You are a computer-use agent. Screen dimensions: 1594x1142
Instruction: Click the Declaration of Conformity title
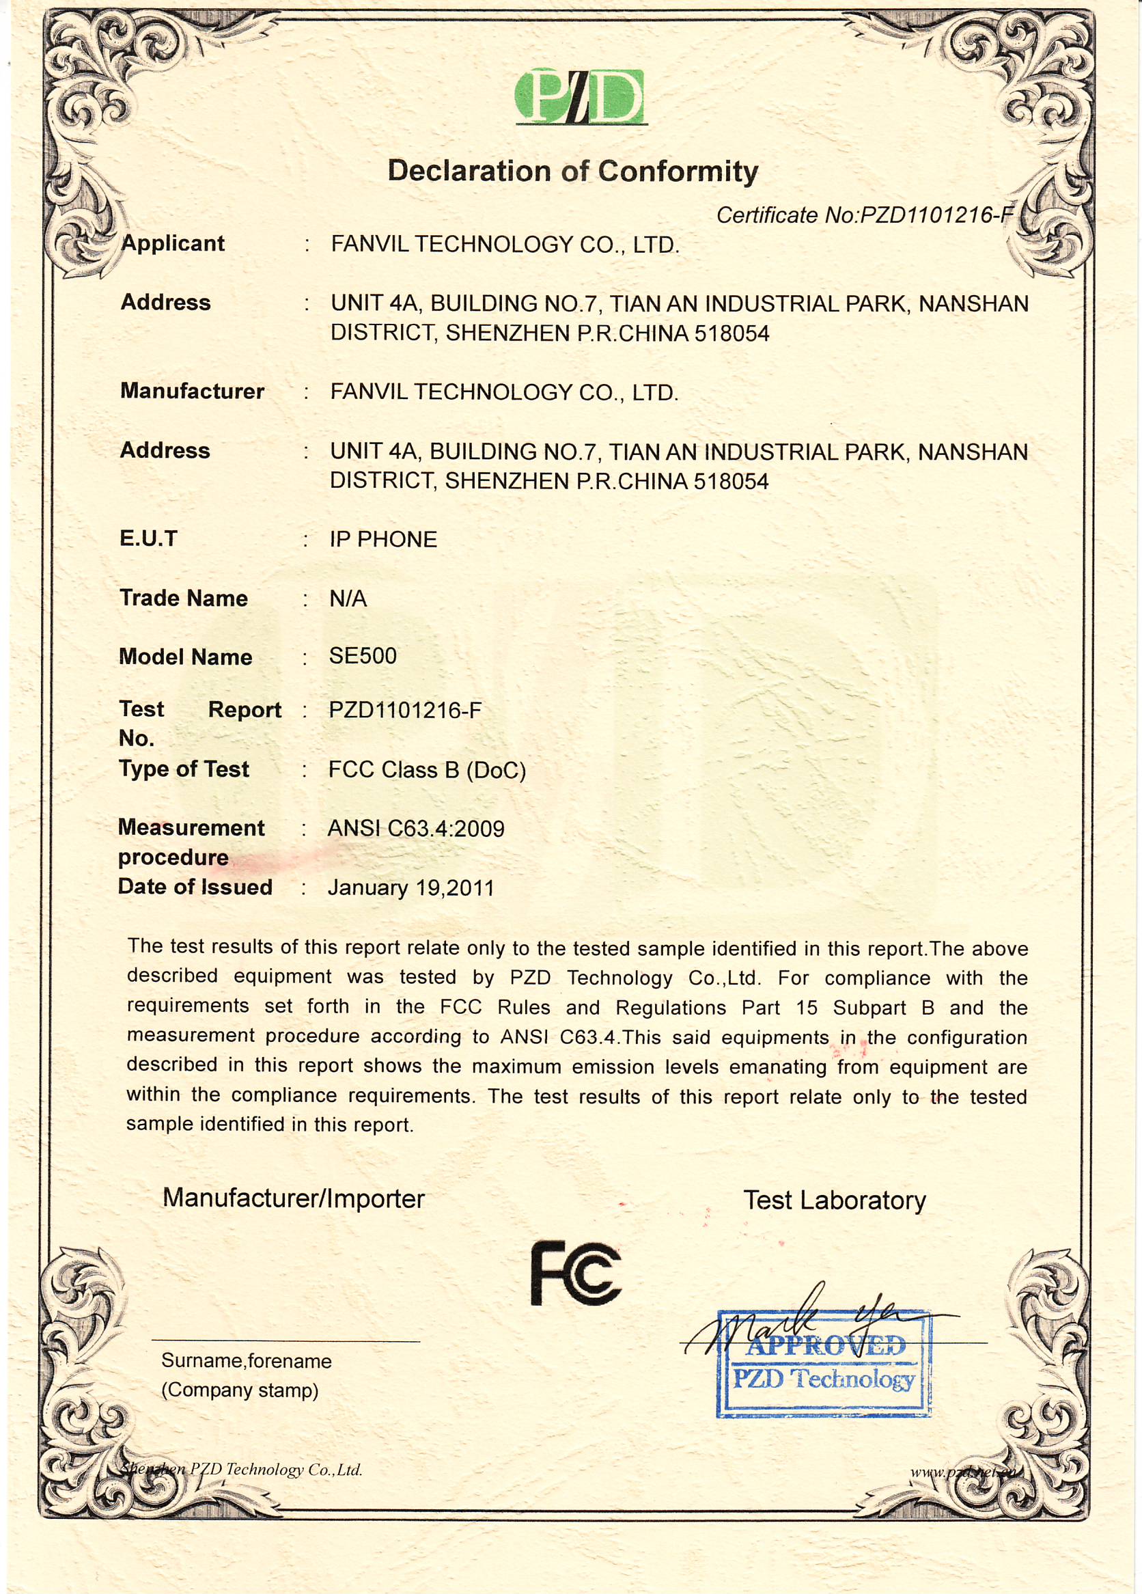(x=573, y=171)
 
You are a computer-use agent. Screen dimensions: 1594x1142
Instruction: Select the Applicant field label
(x=173, y=243)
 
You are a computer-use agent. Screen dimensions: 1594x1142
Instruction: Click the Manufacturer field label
(x=192, y=391)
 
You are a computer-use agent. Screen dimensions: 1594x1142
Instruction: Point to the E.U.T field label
(x=148, y=538)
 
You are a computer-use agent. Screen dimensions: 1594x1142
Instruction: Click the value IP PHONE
(x=383, y=539)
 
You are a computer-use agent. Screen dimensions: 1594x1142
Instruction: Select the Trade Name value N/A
(x=348, y=598)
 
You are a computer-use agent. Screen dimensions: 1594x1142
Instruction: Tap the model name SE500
(x=363, y=656)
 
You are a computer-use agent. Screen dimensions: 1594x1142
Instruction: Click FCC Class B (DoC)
(x=427, y=769)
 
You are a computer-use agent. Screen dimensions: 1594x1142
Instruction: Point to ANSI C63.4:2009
(x=416, y=829)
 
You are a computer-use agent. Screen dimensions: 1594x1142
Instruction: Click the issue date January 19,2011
(x=410, y=888)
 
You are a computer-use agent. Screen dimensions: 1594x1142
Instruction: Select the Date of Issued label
(x=195, y=887)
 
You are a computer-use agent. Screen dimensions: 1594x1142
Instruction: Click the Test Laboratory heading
(x=834, y=1200)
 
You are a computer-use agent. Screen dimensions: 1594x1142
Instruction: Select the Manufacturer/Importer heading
(x=294, y=1198)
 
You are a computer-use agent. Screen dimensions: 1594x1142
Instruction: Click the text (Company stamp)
(x=240, y=1390)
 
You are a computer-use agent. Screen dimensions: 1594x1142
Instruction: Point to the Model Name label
(x=186, y=657)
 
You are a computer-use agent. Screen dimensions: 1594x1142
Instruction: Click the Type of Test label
(x=184, y=769)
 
